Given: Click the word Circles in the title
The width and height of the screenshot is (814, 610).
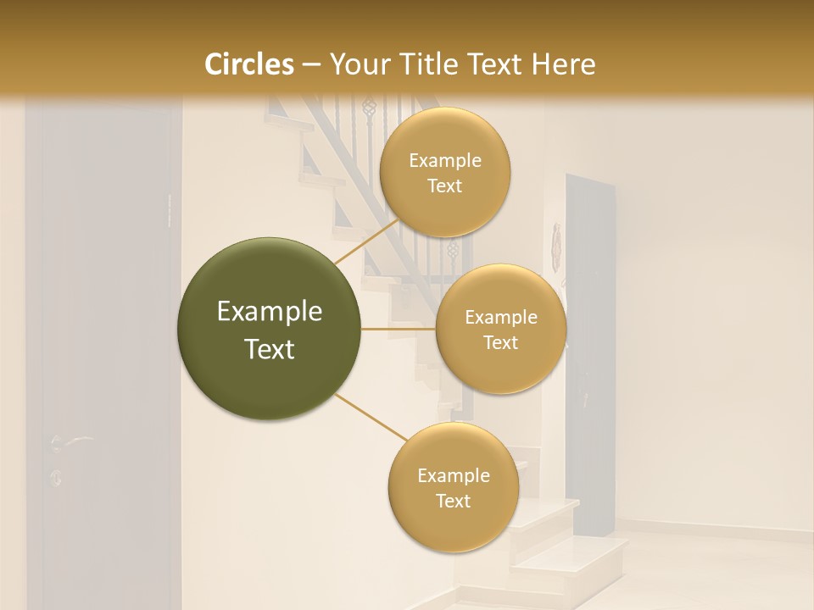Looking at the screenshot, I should coord(249,64).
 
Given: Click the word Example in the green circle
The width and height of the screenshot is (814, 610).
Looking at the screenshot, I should coord(270,312).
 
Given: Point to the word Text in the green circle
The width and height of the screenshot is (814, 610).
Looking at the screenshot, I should coord(270,349).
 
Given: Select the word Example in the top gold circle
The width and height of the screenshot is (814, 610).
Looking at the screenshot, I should coord(445,161).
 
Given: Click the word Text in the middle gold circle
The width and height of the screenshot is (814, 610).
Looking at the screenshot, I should coord(501,343).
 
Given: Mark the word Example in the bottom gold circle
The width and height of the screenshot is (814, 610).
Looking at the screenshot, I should coord(453,475).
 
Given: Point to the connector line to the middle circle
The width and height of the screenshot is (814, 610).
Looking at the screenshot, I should coord(399,328).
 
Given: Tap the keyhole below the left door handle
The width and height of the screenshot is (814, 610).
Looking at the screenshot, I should coord(57,478).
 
